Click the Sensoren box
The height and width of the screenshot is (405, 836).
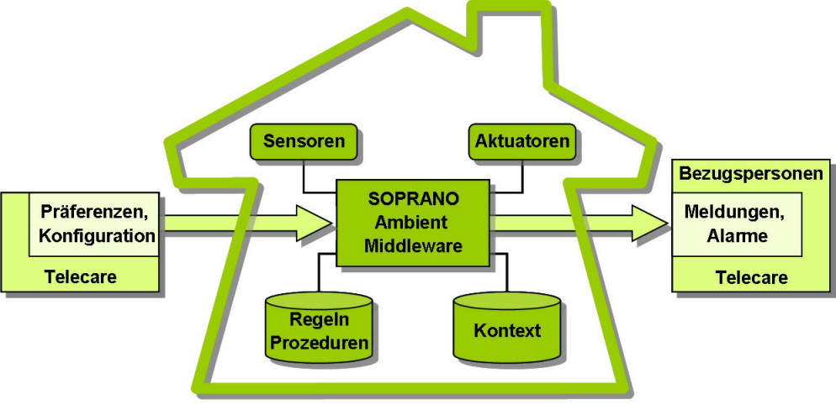pyautogui.click(x=304, y=141)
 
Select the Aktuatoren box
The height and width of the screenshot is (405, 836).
pyautogui.click(x=521, y=141)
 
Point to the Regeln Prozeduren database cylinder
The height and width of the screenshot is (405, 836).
pyautogui.click(x=319, y=328)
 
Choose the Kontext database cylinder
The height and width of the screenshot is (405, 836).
pyautogui.click(x=507, y=329)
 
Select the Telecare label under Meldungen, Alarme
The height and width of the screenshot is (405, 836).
pyautogui.click(x=751, y=276)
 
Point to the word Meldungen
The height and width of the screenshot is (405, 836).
pyautogui.click(x=733, y=213)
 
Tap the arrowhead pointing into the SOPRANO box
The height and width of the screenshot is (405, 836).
pyautogui.click(x=318, y=223)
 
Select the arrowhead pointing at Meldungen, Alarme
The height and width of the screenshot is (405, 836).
pyautogui.click(x=656, y=223)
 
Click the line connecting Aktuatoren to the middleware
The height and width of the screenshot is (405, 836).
pyautogui.click(x=522, y=176)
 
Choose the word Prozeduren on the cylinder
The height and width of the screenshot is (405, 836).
pyautogui.click(x=319, y=343)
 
